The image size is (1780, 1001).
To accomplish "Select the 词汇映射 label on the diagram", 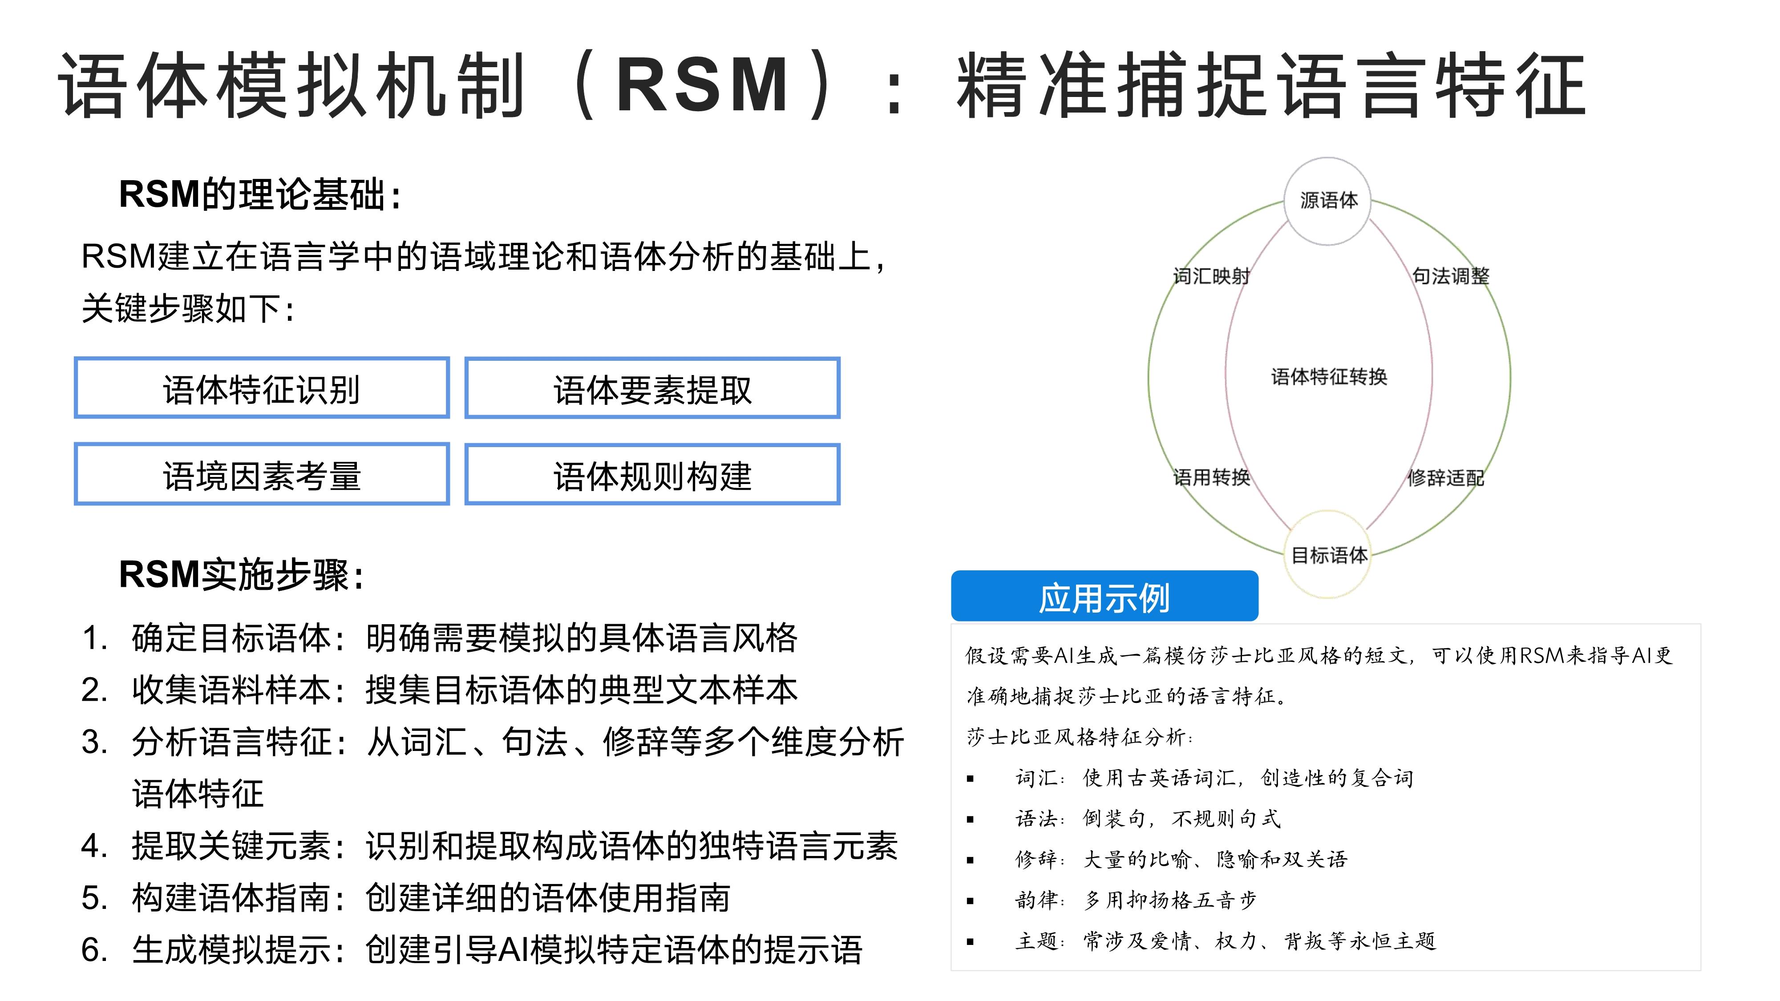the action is pyautogui.click(x=1211, y=276).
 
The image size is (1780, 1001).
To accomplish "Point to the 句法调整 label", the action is pyautogui.click(x=1450, y=276).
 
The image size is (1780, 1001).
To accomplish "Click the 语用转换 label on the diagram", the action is pyautogui.click(x=1211, y=477).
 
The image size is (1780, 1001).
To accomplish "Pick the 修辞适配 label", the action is pyautogui.click(x=1445, y=477).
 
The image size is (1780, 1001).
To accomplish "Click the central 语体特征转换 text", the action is pyautogui.click(x=1329, y=376).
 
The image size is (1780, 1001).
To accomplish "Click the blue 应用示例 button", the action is pyautogui.click(x=1104, y=596).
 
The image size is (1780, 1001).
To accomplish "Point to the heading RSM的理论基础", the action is pyautogui.click(x=260, y=194).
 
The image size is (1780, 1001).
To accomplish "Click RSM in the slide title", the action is pyautogui.click(x=703, y=84).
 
